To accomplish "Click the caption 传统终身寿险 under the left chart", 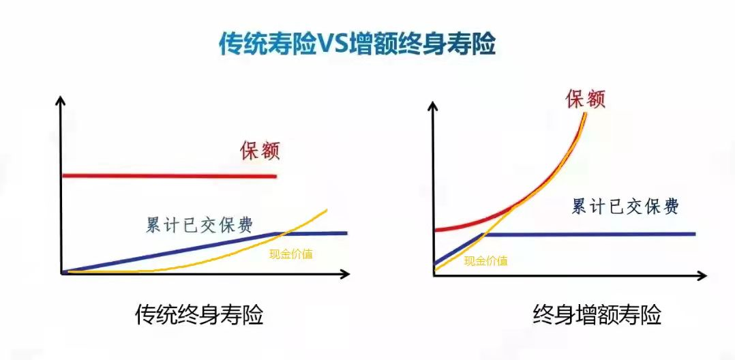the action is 199,316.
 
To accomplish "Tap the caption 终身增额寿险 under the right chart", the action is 597,316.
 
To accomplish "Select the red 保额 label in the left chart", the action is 260,151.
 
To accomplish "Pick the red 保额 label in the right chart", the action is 586,97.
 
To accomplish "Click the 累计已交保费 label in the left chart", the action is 199,226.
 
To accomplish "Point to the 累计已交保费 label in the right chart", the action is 625,206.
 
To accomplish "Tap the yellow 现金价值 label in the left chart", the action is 290,254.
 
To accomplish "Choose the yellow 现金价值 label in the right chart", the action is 485,260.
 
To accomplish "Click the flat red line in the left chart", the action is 170,176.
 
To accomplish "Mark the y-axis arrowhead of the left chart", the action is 59,100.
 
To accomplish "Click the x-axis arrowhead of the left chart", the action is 346,274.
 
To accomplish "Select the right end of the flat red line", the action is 275,176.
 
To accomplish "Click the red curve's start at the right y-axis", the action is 436,230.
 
